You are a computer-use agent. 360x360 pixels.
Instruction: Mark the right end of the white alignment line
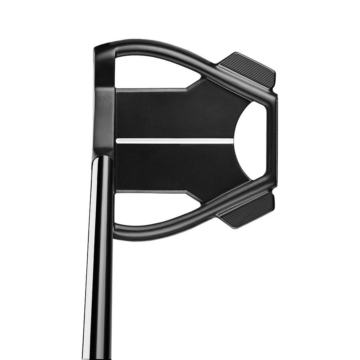(232, 141)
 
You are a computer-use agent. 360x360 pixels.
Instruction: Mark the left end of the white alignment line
(117, 141)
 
